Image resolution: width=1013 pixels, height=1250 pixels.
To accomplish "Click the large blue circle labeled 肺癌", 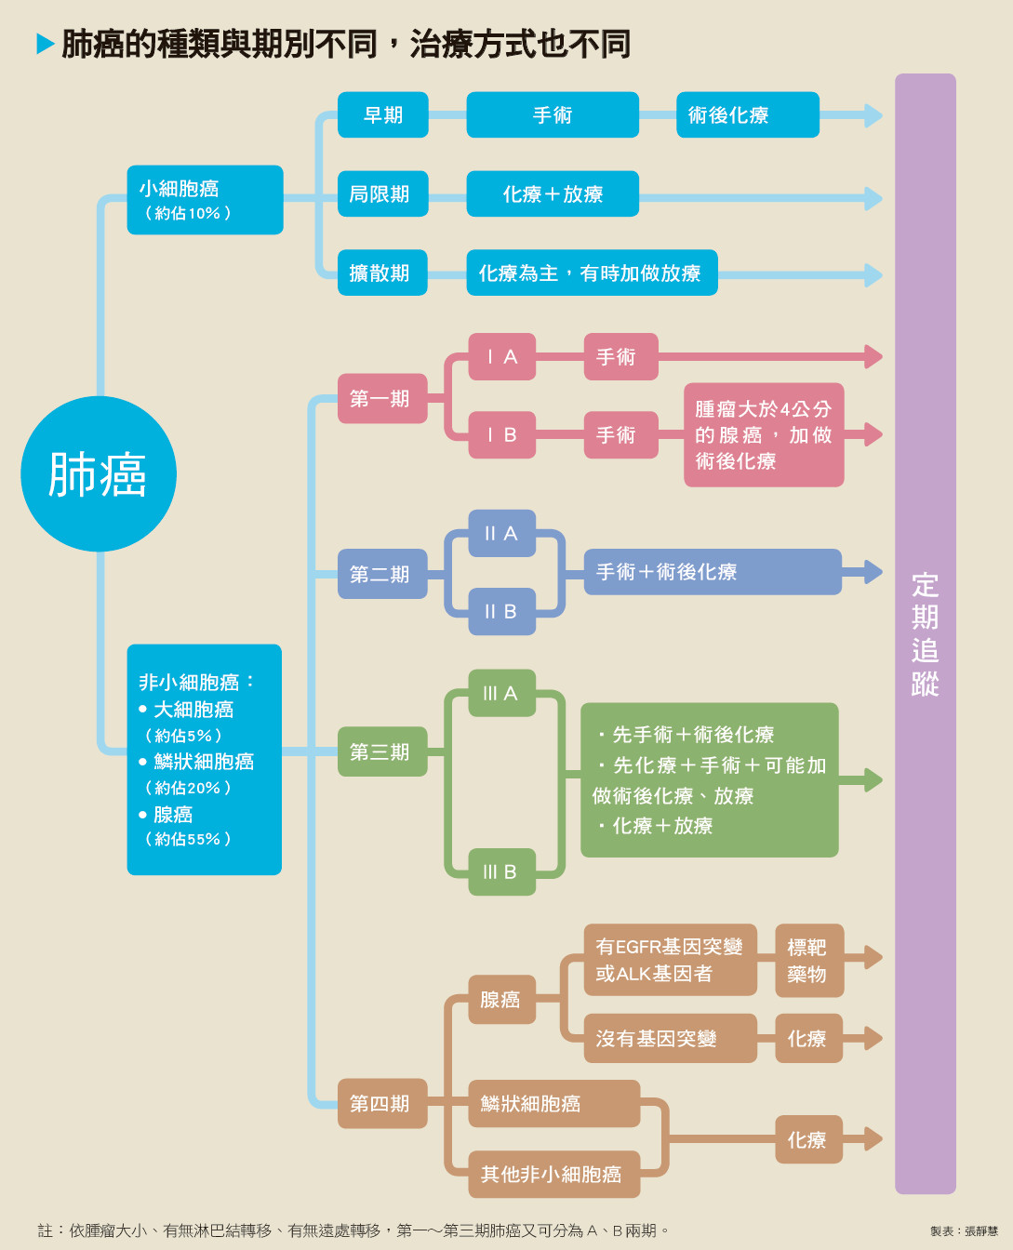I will coord(99,474).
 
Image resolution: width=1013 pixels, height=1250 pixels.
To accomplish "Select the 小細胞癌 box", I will coord(205,200).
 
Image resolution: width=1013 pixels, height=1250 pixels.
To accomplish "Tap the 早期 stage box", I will coord(382,115).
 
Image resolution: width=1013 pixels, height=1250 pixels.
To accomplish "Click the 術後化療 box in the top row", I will coord(747,115).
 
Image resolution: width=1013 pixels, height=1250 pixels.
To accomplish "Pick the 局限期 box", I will coord(382,193).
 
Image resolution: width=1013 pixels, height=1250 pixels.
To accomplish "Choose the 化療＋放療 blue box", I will coord(553,193).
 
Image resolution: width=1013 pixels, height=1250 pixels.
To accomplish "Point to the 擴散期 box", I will coord(382,273).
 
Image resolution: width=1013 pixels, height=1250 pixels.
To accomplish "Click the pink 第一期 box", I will coord(382,398).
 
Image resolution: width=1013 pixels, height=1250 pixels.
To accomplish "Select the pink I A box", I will coord(501,356).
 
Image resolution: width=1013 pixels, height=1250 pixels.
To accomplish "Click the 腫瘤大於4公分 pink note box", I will coord(763,434).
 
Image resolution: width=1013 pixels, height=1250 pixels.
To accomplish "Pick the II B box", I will coord(501,611).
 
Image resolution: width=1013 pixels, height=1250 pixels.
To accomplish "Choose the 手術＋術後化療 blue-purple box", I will coord(712,572).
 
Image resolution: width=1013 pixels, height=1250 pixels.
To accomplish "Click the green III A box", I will coord(501,693).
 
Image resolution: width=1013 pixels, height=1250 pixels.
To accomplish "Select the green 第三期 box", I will coord(382,751).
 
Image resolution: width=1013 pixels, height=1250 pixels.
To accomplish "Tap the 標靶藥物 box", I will coord(808,960).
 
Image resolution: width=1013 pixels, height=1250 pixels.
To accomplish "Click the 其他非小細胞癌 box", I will coord(554,1174).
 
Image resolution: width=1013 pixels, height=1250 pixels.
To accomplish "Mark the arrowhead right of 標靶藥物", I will coord(873,957).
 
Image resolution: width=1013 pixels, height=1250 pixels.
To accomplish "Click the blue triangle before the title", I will coord(45,44).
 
